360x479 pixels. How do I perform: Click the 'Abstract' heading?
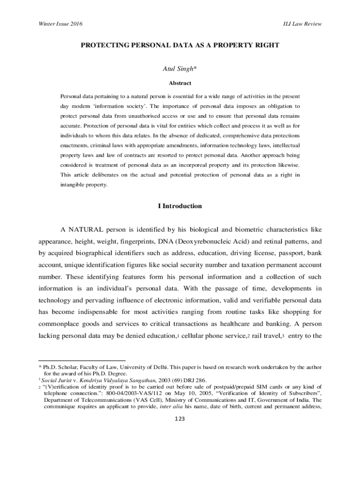[x=180, y=83]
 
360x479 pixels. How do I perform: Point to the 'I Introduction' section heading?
[x=180, y=206]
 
